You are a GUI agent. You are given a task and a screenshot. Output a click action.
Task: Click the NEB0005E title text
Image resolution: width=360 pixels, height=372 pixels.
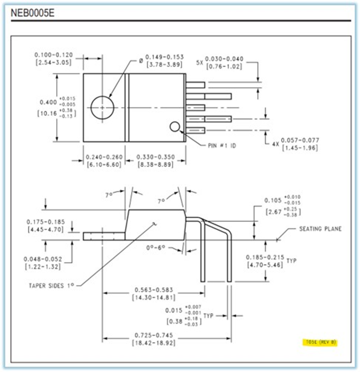(x=32, y=13)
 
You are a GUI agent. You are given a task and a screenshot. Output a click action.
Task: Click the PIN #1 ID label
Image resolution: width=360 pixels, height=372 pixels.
(x=222, y=146)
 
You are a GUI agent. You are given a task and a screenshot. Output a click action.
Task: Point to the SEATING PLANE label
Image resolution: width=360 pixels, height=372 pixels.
(x=320, y=229)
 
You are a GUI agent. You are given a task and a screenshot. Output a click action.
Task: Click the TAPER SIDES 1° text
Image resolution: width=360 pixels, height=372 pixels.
(x=51, y=286)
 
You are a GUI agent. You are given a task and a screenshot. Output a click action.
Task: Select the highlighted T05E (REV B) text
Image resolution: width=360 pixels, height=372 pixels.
(x=320, y=342)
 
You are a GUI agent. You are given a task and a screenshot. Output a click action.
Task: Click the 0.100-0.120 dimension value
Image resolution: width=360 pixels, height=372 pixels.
(x=53, y=55)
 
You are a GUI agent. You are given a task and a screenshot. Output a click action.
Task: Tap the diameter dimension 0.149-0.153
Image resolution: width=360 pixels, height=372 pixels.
(x=164, y=57)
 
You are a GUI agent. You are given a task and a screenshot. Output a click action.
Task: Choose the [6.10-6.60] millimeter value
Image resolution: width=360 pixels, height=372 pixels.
(x=104, y=164)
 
